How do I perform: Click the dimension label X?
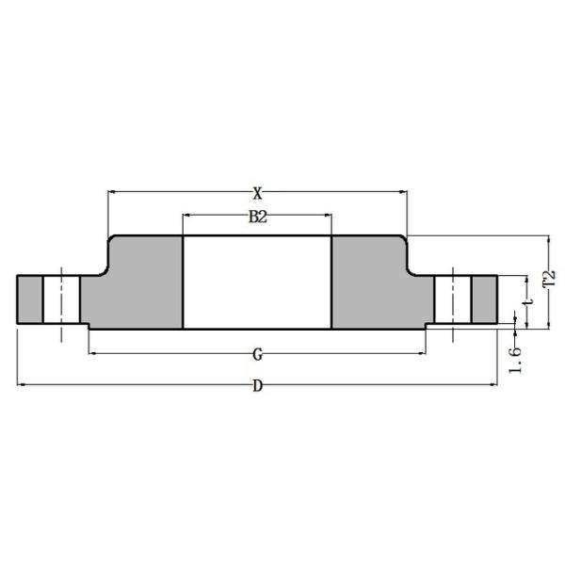click(x=257, y=193)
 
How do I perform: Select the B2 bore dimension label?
click(x=257, y=218)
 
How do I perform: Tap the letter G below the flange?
click(x=257, y=355)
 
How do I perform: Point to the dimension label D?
click(x=257, y=386)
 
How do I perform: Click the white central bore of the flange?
click(x=257, y=282)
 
